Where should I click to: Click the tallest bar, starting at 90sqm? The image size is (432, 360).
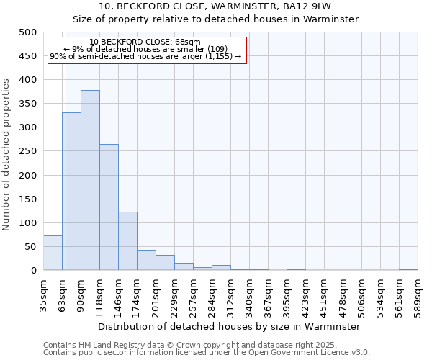coord(90,180)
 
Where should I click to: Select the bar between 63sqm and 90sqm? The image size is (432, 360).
coord(71,192)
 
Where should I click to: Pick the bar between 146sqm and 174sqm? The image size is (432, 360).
coord(127,241)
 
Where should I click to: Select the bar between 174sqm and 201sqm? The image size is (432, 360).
coord(146,260)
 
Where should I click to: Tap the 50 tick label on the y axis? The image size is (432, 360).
coord(30,247)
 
